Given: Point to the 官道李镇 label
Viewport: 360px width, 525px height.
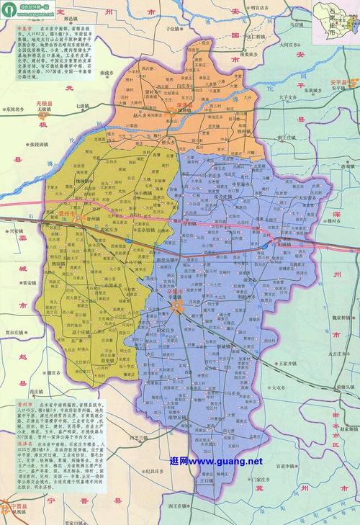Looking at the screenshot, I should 265,466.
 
